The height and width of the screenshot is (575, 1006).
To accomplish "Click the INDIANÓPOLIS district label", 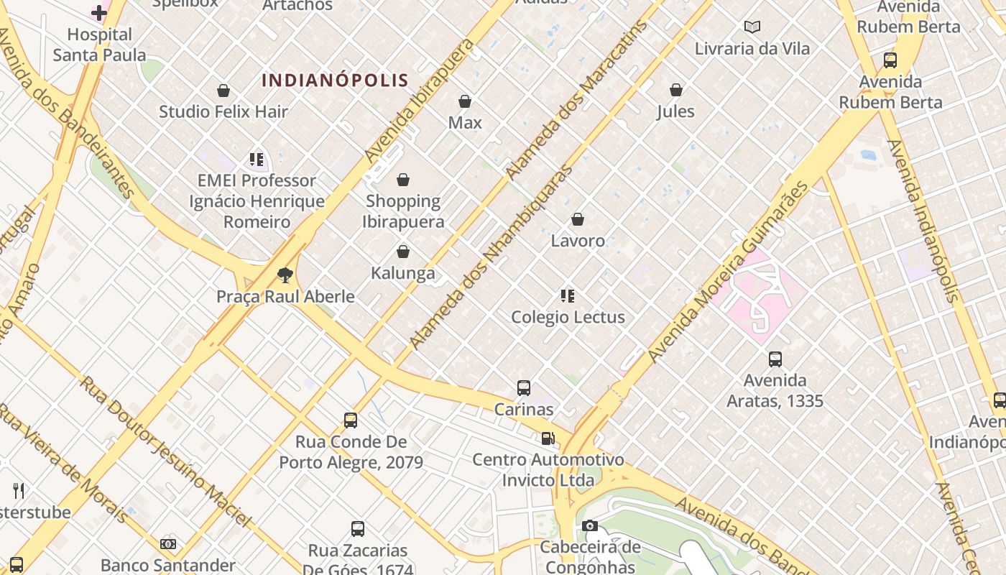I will pos(335,80).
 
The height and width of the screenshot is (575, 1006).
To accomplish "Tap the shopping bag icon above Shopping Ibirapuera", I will pos(403,180).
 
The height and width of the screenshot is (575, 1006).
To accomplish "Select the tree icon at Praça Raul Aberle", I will pos(285,275).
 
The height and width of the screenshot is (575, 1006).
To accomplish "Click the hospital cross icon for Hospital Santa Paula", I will pos(99,13).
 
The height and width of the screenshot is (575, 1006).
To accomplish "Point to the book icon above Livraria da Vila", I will pos(752,27).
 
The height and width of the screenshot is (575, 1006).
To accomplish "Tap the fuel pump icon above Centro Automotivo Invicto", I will pos(548,438).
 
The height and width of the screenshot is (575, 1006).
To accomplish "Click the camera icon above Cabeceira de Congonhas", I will pos(590,526).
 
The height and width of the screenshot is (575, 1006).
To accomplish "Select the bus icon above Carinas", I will pos(524,388).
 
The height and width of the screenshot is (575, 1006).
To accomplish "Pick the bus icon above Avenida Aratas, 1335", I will pos(775,359).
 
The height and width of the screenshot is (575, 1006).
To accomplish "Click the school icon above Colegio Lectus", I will pos(568,295).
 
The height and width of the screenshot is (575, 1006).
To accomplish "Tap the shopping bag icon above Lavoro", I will pos(578,219).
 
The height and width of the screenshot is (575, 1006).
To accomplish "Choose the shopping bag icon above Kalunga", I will pos(403,252).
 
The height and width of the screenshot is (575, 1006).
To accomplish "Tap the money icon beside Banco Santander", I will pos(168,544).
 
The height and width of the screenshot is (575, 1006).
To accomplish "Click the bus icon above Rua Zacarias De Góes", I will pos(358,529).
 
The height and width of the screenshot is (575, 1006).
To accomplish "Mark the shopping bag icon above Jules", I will pos(675,90).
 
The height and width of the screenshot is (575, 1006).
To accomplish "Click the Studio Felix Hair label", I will pos(223,111).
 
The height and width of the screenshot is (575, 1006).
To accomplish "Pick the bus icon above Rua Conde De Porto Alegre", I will pos(351,420).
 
